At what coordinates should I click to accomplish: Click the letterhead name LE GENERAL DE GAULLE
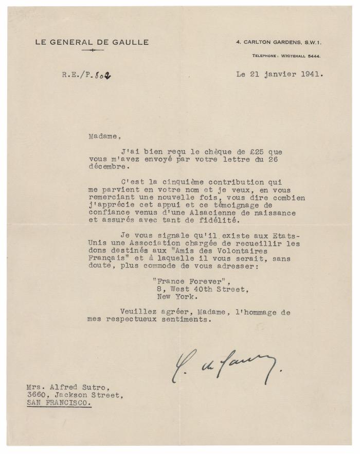click(92, 42)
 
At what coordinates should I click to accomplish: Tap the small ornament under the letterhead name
click(92, 50)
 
